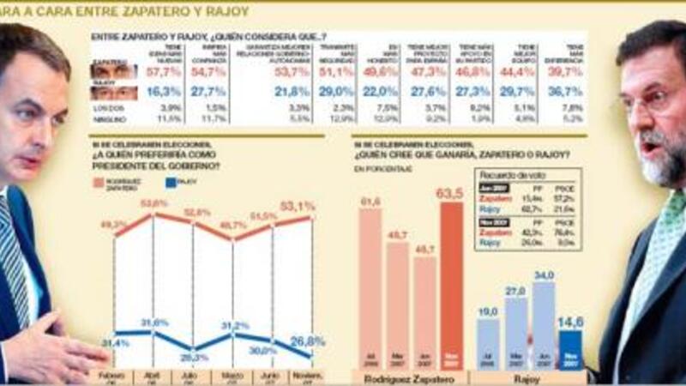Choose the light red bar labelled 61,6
370,287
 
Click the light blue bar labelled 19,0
488,343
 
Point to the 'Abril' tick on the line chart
153,375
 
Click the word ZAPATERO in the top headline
144,11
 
